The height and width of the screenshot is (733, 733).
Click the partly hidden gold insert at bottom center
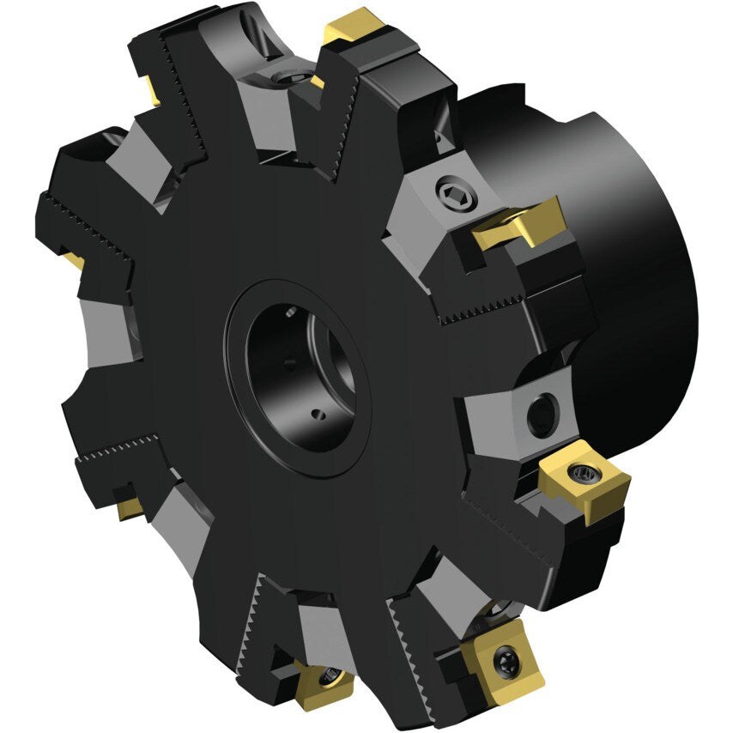(x=325, y=682)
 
